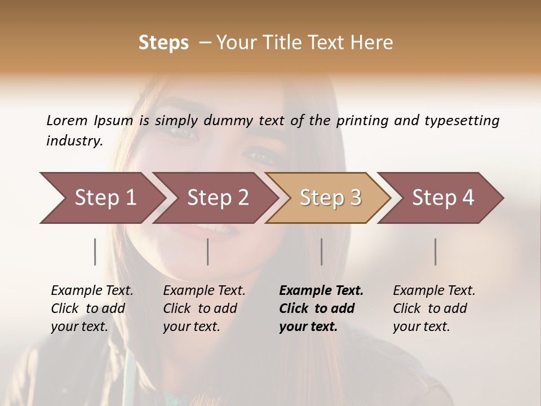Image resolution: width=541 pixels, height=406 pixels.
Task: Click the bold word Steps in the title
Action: [163, 43]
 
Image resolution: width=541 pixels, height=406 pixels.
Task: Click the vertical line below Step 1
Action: [95, 251]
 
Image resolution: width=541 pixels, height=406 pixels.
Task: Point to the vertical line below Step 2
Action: [208, 251]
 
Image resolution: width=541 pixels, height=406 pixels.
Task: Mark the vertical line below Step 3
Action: [322, 251]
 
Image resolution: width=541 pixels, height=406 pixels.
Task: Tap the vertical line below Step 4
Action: [436, 251]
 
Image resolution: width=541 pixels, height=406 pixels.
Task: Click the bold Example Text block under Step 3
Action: [321, 308]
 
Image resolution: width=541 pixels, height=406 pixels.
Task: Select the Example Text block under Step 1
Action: [92, 308]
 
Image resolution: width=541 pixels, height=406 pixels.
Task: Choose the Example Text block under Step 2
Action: [204, 308]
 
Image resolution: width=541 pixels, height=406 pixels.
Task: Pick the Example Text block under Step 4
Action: [434, 308]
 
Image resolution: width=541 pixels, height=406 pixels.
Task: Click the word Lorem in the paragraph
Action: [67, 121]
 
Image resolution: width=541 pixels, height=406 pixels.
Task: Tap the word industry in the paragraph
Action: [74, 141]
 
